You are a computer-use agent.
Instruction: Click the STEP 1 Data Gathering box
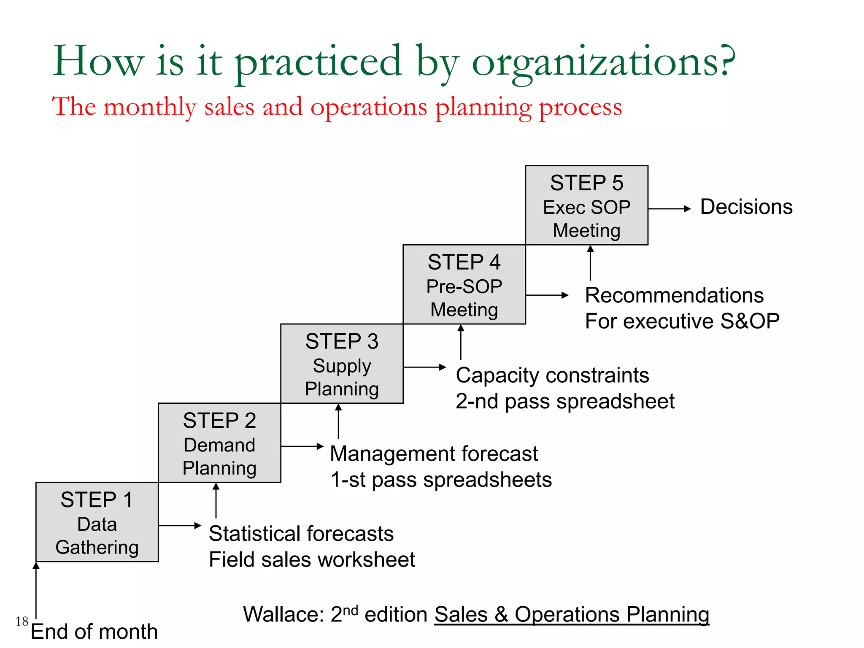pyautogui.click(x=97, y=522)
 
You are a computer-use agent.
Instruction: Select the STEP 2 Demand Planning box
pyautogui.click(x=219, y=443)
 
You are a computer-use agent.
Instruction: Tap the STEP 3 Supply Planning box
pyautogui.click(x=342, y=364)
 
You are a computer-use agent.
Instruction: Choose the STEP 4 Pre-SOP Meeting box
pyautogui.click(x=464, y=284)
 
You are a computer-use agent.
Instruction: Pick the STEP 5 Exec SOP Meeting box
pyautogui.click(x=586, y=205)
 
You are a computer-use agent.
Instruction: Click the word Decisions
pyautogui.click(x=746, y=207)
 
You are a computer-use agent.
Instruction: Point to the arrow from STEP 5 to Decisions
pyautogui.click(x=669, y=208)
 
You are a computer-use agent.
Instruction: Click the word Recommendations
pyautogui.click(x=674, y=295)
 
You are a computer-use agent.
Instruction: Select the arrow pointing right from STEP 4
pyautogui.click(x=547, y=295)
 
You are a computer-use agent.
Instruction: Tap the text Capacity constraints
pyautogui.click(x=552, y=375)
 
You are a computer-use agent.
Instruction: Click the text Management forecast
pyautogui.click(x=434, y=454)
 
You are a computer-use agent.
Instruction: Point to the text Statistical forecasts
pyautogui.click(x=301, y=534)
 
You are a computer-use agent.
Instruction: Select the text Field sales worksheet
pyautogui.click(x=312, y=560)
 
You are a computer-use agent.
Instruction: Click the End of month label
pyautogui.click(x=94, y=632)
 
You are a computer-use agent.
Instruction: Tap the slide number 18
pyautogui.click(x=22, y=621)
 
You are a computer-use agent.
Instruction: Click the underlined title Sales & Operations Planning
pyautogui.click(x=572, y=615)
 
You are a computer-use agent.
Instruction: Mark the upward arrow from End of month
pyautogui.click(x=36, y=590)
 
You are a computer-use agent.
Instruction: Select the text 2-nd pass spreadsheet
pyautogui.click(x=565, y=401)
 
